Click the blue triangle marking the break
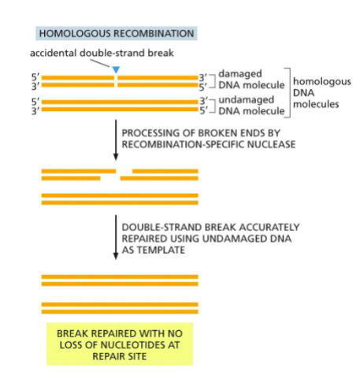[x=116, y=71]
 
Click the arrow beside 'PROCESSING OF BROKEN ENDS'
[x=116, y=138]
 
